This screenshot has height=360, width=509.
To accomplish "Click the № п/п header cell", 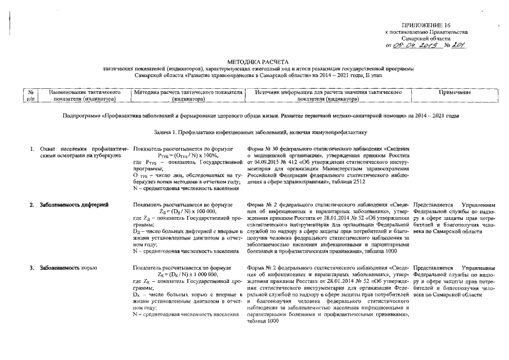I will [x=31, y=94].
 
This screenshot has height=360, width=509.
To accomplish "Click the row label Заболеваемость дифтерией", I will [x=74, y=205].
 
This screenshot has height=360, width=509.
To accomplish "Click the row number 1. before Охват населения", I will [x=33, y=148].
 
